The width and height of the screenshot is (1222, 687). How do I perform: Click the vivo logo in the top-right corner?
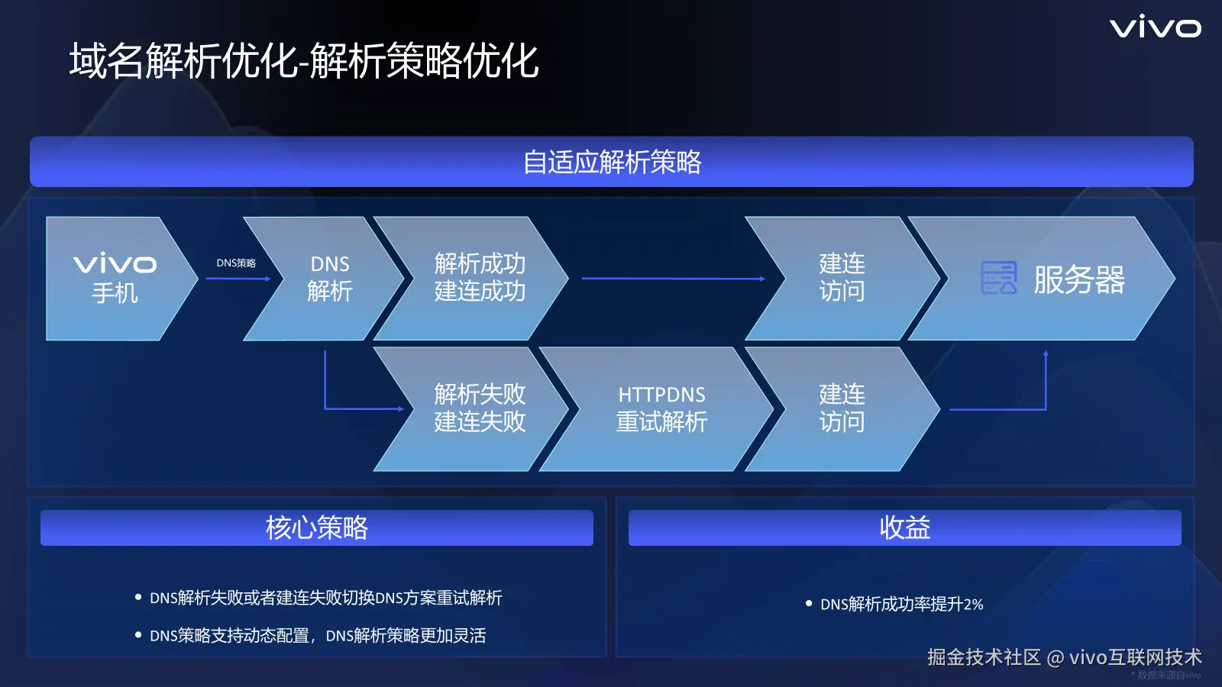click(x=1156, y=28)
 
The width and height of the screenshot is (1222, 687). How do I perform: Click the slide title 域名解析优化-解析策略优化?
click(x=304, y=60)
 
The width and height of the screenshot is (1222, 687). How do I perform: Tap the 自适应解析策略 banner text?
click(x=612, y=162)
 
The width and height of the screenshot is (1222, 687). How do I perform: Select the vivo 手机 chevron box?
click(x=121, y=279)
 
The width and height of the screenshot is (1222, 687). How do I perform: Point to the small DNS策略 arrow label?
click(x=236, y=263)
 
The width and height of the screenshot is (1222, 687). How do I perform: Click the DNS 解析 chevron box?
click(x=324, y=279)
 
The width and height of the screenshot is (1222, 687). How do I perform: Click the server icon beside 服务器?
click(x=999, y=278)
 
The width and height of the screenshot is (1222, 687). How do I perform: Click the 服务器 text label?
click(x=1079, y=279)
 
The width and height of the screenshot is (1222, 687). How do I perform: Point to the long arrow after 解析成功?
click(x=673, y=279)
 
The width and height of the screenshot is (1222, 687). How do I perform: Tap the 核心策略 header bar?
click(x=317, y=527)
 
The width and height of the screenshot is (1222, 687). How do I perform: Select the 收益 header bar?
click(x=905, y=527)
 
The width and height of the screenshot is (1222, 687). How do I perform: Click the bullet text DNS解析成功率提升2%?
click(x=902, y=604)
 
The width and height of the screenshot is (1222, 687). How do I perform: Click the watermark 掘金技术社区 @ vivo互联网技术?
click(x=1065, y=657)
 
